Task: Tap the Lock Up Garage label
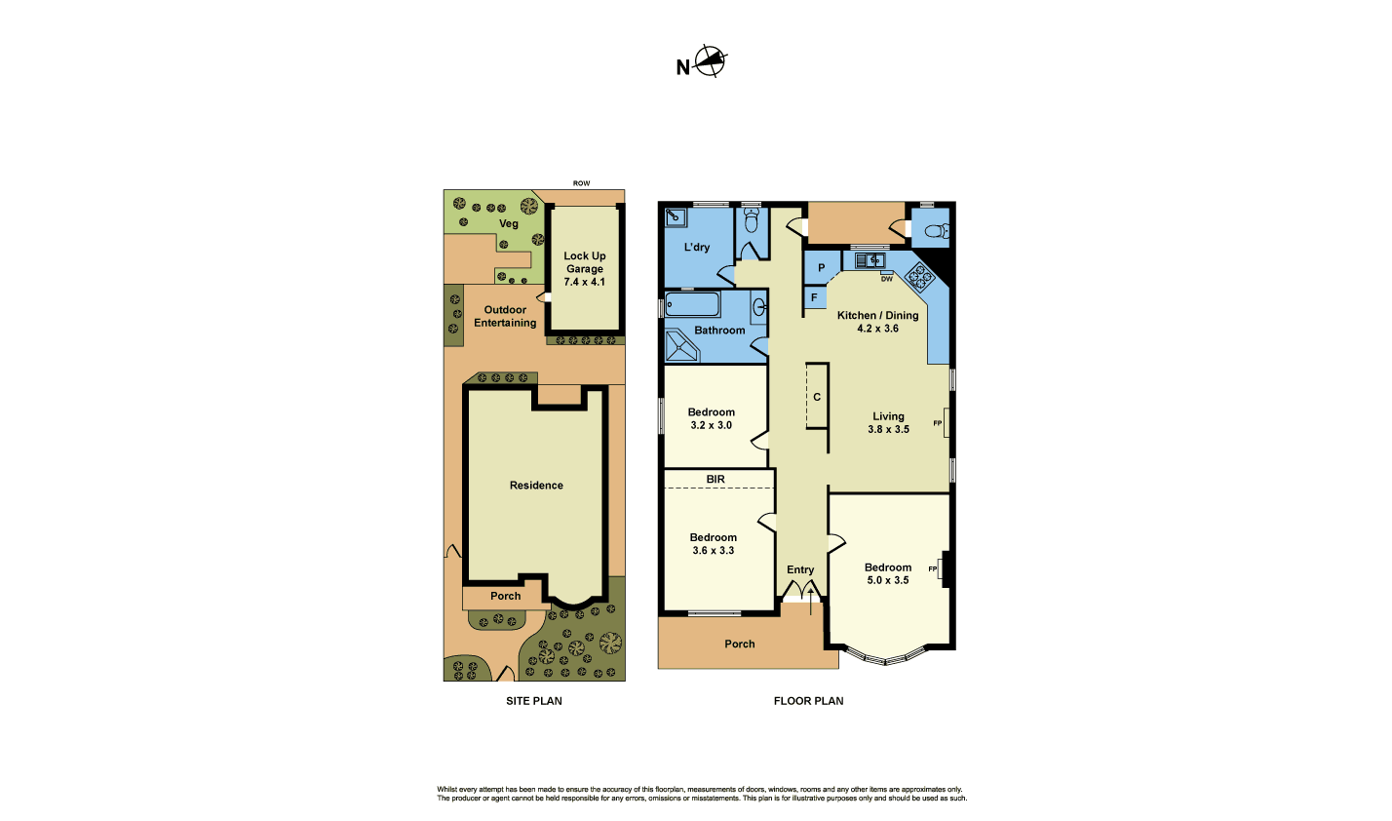(x=585, y=269)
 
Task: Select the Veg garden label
(x=509, y=223)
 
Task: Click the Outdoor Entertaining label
(x=505, y=316)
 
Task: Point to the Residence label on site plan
(x=536, y=485)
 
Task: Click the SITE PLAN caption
(x=533, y=700)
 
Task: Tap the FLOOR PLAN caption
(x=808, y=700)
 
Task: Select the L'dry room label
(x=697, y=248)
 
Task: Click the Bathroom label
(x=719, y=331)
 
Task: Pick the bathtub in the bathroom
(x=693, y=305)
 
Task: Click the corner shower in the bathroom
(x=679, y=346)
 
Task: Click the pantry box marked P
(x=822, y=267)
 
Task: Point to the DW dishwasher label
(x=886, y=279)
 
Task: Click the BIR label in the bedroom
(x=715, y=479)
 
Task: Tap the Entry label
(x=800, y=569)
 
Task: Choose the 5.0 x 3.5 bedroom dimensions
(x=888, y=580)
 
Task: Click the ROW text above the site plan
(x=581, y=183)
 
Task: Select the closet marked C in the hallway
(x=817, y=397)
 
